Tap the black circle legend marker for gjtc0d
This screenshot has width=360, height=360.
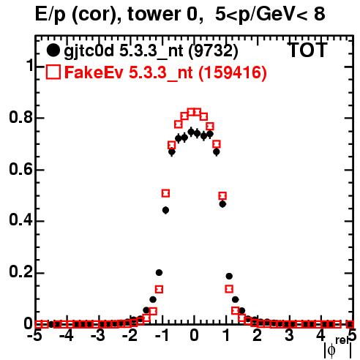[53, 50]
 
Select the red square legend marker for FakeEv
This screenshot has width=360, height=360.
[53, 72]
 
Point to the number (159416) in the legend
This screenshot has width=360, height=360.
[233, 72]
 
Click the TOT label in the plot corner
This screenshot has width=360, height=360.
[307, 50]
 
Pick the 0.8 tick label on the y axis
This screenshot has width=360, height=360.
[20, 117]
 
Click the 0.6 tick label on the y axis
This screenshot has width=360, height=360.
[20, 169]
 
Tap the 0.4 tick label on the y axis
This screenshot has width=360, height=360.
[20, 220]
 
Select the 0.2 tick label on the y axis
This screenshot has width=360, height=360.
[20, 272]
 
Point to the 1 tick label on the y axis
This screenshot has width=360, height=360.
[30, 65]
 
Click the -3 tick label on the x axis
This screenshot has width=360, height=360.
[98, 336]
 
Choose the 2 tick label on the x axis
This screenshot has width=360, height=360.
[258, 336]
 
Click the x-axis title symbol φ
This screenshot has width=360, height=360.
[331, 350]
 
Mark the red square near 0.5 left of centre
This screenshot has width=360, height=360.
[165, 193]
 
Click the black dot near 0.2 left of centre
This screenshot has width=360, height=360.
[159, 272]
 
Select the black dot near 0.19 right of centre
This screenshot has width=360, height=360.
[229, 276]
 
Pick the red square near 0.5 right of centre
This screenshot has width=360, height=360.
[222, 195]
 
